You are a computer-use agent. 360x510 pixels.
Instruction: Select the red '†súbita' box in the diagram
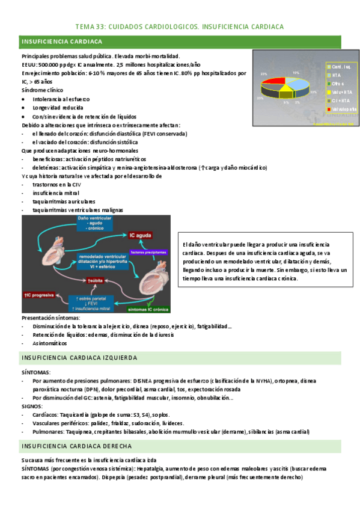point(95,280)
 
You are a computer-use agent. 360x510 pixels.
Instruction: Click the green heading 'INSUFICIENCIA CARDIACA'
point(62,41)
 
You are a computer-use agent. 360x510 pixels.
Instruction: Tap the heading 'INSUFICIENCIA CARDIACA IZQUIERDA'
point(79,358)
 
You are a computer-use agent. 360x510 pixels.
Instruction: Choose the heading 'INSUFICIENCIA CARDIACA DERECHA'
point(77,446)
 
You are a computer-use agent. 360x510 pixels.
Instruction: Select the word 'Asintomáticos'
point(50,343)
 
